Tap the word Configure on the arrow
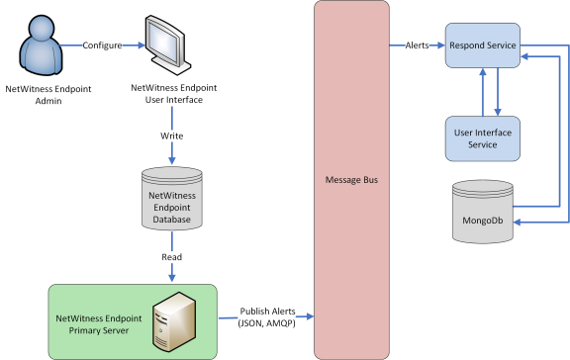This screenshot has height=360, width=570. (x=102, y=45)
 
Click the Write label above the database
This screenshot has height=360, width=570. (x=172, y=135)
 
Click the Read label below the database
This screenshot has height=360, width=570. (x=172, y=254)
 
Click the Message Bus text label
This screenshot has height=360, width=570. (x=349, y=181)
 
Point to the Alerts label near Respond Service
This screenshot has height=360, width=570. (x=418, y=45)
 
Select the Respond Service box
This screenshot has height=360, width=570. (x=483, y=45)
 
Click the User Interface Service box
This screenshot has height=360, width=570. (x=483, y=136)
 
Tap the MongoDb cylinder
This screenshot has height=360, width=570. (x=483, y=209)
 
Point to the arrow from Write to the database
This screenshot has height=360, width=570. (x=172, y=153)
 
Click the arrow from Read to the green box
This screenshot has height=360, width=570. (x=172, y=273)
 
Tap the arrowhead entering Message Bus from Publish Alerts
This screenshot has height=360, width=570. (x=309, y=316)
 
